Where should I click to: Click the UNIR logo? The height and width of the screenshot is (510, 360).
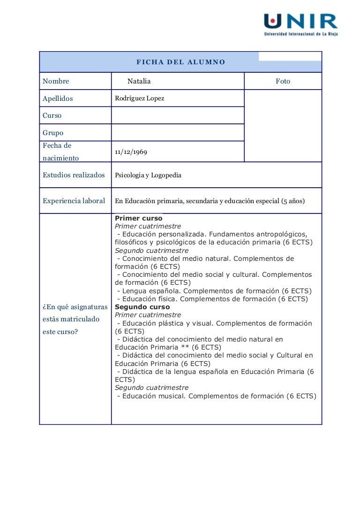(300, 24)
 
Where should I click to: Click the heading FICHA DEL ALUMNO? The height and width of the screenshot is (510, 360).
(181, 62)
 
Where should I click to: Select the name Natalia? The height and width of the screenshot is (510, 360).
(139, 81)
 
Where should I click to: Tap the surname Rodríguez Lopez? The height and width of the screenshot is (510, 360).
(140, 99)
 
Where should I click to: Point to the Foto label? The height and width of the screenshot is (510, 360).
(283, 81)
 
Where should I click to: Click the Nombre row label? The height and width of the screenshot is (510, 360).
(56, 81)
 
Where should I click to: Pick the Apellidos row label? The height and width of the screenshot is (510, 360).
(58, 99)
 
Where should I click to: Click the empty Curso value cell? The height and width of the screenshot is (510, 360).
(178, 115)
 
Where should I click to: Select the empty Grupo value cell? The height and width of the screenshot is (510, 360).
(178, 133)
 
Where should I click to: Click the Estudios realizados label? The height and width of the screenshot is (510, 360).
(74, 175)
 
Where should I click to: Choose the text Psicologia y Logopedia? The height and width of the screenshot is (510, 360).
(148, 175)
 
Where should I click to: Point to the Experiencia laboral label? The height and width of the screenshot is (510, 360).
(74, 201)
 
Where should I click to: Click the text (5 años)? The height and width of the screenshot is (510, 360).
(292, 201)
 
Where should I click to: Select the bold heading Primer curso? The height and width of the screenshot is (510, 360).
(139, 218)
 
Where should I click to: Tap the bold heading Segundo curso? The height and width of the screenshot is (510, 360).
(142, 307)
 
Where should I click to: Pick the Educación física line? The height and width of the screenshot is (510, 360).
(212, 299)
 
